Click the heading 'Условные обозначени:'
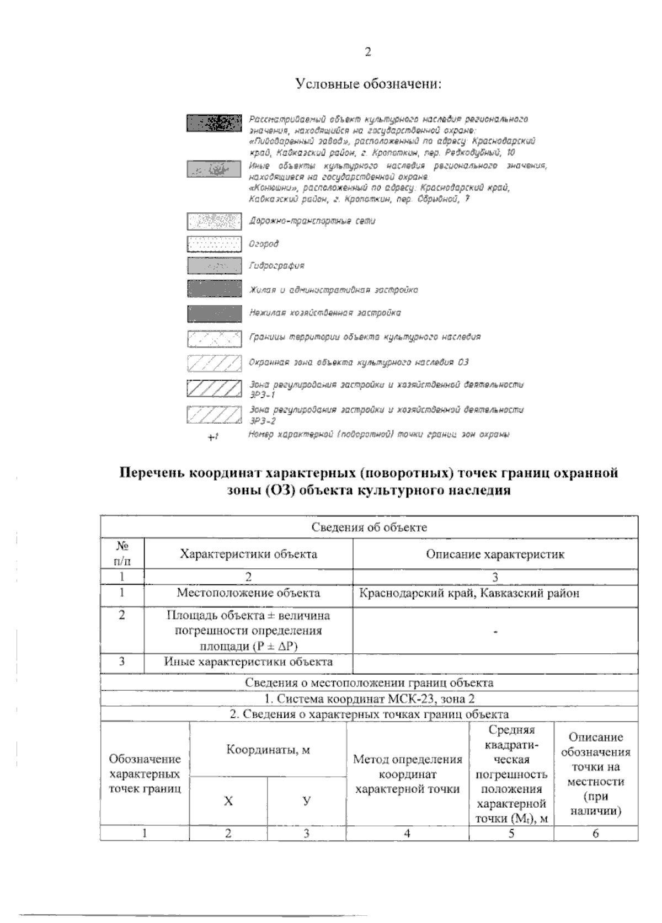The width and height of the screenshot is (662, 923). coord(369,84)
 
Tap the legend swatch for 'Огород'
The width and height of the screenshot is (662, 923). coord(214,244)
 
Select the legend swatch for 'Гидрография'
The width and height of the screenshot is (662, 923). coord(214,266)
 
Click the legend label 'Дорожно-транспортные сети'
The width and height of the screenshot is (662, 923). coord(312,221)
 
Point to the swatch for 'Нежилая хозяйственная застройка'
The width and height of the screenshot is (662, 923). coord(214,313)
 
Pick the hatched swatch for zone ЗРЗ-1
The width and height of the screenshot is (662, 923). coord(214,388)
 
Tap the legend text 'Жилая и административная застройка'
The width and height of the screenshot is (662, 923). coord(333,290)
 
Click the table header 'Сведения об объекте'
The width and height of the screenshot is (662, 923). coord(369,527)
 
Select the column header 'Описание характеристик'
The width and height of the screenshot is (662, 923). coord(495,554)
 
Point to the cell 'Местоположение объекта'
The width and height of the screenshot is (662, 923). coord(248,593)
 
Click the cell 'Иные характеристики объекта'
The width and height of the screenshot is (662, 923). coord(248,661)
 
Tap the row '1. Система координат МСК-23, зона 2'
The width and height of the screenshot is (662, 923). coord(369,699)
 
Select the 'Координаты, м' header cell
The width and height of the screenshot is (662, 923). coord(268,749)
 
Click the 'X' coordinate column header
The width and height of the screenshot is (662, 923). coord(228,801)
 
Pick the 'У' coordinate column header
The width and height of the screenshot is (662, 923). coord(306,801)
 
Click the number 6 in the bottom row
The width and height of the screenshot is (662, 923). coord(595,834)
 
